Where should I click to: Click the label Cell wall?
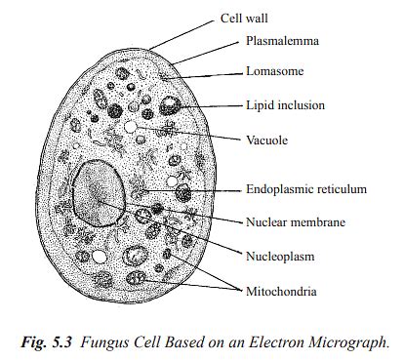click(245, 17)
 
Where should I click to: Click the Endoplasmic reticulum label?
click(307, 189)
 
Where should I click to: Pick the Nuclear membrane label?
click(297, 221)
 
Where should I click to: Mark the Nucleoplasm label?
click(282, 256)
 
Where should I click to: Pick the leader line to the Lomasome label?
click(210, 74)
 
